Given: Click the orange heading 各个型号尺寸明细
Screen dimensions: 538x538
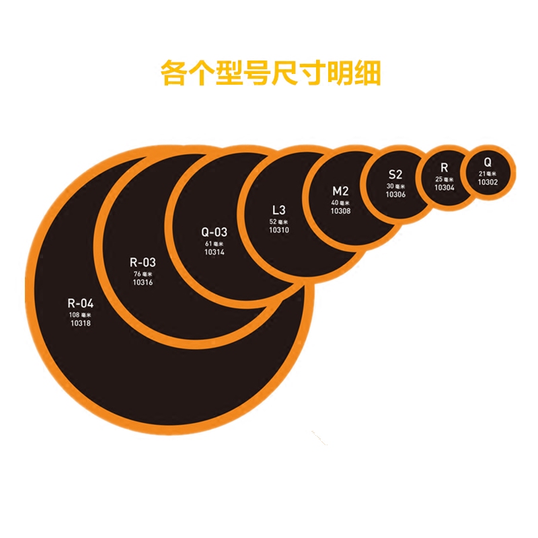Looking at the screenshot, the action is point(270,73).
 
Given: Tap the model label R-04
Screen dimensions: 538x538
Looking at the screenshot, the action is point(81,302).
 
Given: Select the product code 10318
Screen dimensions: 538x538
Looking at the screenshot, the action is point(81,323).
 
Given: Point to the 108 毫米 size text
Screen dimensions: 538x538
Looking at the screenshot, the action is point(80,314).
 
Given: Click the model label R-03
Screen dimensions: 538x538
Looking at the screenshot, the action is point(142,262).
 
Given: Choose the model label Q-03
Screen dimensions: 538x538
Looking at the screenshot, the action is point(215,232).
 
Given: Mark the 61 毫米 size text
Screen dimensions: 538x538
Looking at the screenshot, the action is point(215,243).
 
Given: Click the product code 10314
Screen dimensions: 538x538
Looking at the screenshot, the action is point(215,252).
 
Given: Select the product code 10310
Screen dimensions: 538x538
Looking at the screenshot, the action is point(279,230).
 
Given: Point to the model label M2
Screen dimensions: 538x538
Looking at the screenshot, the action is point(340,191).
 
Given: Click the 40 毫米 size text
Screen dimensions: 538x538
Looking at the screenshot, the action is point(340,202).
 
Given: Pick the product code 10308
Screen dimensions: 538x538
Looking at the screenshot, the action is point(340,211).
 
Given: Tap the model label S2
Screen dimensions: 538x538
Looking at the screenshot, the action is point(395,176).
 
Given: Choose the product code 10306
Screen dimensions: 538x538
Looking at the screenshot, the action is point(395,194).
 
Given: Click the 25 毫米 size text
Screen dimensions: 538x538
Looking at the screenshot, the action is point(444,180).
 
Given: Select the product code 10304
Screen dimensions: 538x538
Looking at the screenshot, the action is point(444,188).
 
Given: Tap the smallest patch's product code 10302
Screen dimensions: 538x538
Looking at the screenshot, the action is point(488,182).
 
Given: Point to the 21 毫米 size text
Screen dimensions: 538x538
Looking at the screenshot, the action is point(488,173).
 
